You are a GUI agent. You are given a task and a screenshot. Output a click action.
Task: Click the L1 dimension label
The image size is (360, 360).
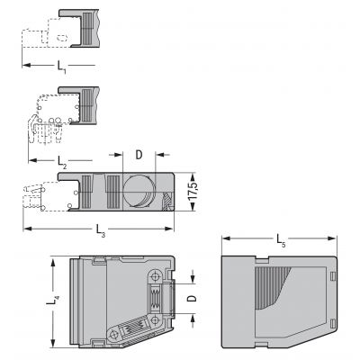(62, 67)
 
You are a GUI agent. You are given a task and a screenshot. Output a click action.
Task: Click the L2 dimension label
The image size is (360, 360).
(62, 162)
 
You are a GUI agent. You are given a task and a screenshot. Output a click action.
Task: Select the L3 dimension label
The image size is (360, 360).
(101, 230)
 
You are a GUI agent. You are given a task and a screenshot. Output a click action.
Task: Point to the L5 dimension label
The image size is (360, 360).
(281, 240)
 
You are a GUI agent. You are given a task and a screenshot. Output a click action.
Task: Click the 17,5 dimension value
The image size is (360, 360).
(193, 192)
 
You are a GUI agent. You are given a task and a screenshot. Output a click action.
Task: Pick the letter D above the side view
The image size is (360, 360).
(139, 155)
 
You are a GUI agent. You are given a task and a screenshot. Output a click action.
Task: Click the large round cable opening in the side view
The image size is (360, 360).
(139, 191)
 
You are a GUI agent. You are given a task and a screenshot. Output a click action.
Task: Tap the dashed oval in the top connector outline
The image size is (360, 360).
(62, 38)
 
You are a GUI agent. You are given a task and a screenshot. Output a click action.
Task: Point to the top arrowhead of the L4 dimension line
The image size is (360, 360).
(53, 262)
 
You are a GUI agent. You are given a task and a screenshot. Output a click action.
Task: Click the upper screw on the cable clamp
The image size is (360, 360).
(155, 276)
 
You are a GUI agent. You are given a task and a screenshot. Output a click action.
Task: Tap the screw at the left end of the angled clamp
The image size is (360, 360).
(114, 334)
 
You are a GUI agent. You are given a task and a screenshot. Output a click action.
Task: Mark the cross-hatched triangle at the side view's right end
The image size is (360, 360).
(166, 201)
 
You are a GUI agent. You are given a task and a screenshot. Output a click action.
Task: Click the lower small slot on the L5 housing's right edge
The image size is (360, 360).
(332, 324)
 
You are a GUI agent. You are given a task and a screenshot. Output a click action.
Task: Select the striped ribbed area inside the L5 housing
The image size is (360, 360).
(272, 286)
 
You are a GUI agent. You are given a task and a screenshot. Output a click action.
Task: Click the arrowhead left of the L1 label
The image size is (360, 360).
(27, 65)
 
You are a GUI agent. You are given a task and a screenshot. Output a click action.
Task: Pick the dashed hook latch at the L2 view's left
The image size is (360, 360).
(31, 129)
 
